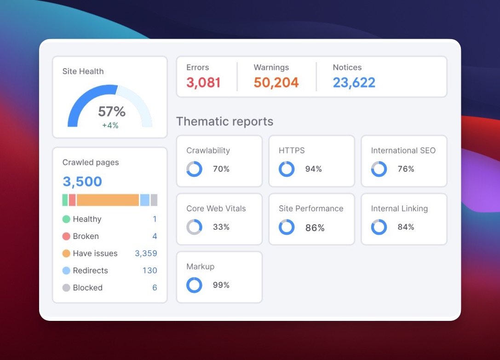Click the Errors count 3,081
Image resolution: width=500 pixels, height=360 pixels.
(203, 83)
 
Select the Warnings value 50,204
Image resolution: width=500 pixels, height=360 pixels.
(276, 83)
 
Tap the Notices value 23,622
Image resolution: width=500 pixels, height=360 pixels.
(354, 83)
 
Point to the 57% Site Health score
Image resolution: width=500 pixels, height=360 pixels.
(111, 112)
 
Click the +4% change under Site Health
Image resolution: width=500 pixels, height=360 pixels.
(110, 125)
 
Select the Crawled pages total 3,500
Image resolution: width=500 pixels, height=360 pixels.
(82, 181)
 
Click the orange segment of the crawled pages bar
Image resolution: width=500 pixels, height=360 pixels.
(108, 200)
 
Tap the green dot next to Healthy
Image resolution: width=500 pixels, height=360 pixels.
(66, 220)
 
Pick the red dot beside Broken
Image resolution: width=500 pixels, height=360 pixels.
(66, 237)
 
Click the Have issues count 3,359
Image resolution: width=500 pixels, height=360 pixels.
(146, 254)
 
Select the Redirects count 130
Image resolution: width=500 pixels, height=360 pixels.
(149, 271)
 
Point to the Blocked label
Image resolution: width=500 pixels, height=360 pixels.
(87, 288)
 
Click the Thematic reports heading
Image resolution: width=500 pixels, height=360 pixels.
(224, 122)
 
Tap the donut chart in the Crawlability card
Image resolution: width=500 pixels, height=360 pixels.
(194, 169)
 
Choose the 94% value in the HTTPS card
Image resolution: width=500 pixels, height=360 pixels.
(313, 169)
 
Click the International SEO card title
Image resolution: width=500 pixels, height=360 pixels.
(403, 151)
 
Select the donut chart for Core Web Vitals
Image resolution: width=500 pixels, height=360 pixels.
(194, 227)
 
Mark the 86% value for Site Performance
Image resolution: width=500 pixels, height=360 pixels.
(315, 227)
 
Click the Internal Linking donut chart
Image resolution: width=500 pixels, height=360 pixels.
(379, 227)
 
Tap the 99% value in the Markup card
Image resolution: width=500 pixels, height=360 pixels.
(221, 285)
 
